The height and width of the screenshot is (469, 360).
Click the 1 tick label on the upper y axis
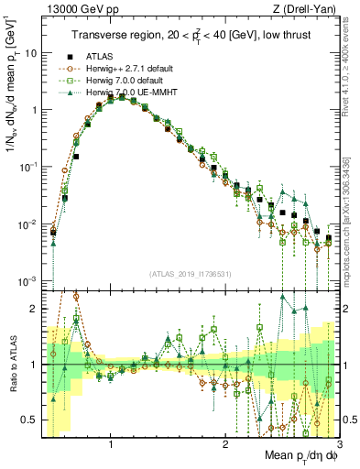pyautogui.click(x=34, y=110)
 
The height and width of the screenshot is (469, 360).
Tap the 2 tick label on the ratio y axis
pyautogui.click(x=34, y=308)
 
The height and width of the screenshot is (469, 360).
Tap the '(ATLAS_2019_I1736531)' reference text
pyautogui.click(x=191, y=274)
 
